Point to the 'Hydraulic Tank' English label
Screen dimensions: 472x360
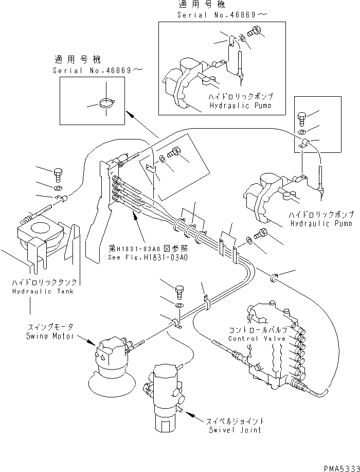click(x=44, y=291)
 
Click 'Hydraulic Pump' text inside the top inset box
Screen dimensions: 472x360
click(x=241, y=104)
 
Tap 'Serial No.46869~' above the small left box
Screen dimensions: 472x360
click(x=90, y=71)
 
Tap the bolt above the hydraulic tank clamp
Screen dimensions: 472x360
click(x=57, y=173)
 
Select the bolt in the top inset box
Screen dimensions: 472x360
click(x=254, y=32)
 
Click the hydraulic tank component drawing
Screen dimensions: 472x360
click(x=41, y=242)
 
